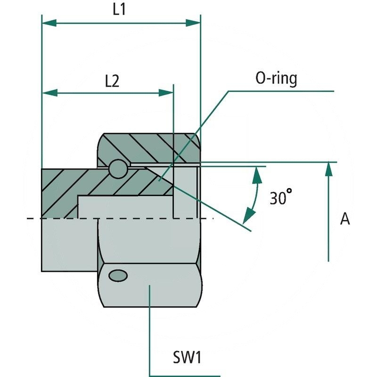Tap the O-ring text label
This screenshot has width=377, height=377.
tap(276, 79)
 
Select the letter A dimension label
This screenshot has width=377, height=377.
tap(345, 219)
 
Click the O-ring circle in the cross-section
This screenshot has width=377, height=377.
tap(117, 169)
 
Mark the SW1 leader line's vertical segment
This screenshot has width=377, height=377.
tap(149, 330)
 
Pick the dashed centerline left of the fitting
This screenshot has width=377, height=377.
tap(33, 219)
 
